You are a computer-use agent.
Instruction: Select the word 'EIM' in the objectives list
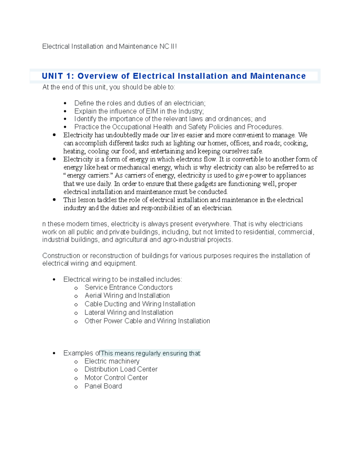point(152,111)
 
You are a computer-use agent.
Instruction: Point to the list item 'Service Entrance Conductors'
point(128,287)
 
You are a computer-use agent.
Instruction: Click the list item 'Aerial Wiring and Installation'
point(127,296)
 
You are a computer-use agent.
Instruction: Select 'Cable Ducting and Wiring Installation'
point(140,304)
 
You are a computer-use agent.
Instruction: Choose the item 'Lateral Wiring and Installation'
point(129,312)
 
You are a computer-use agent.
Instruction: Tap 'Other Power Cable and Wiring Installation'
point(147,321)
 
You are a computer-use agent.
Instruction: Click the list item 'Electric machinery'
point(112,361)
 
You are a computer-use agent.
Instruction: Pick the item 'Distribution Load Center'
point(121,369)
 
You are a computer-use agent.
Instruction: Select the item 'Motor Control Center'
point(116,377)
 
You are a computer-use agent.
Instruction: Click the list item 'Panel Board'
point(103,386)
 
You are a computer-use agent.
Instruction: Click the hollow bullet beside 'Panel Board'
point(76,387)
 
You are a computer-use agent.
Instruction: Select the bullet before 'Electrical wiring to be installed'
point(54,280)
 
